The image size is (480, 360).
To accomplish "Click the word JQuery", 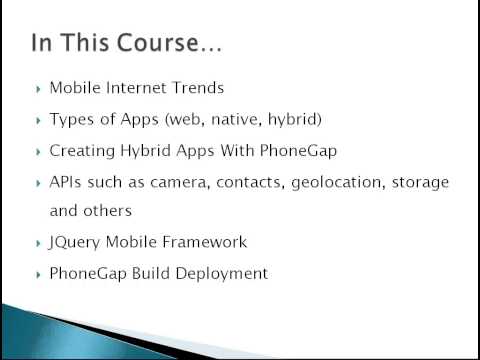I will [75, 242].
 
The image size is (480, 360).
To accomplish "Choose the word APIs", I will [67, 182].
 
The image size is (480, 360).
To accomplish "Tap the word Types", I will [70, 119].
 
